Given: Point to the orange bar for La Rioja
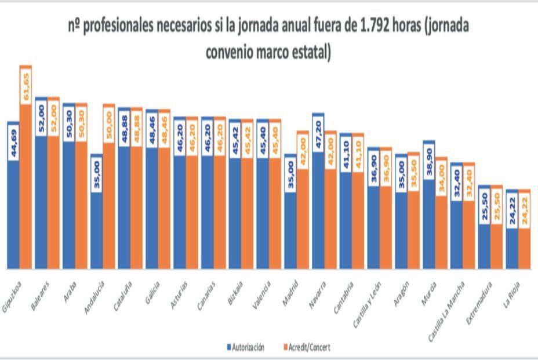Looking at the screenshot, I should (525, 249).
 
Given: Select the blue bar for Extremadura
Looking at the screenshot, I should (485, 246).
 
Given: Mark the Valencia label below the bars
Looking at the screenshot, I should (261, 293).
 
